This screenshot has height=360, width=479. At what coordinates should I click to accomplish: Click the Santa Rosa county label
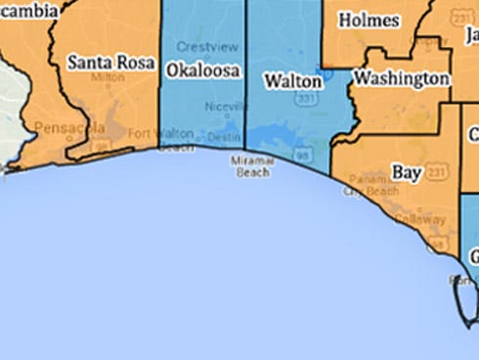point(110,63)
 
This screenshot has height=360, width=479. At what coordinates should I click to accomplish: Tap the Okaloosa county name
point(203,70)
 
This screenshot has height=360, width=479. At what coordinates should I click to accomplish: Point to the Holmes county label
point(368,20)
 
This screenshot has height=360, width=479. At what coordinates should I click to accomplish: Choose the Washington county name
point(402,77)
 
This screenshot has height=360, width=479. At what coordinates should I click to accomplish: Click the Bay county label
point(406,171)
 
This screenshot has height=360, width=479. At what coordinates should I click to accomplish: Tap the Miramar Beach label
point(249,165)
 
